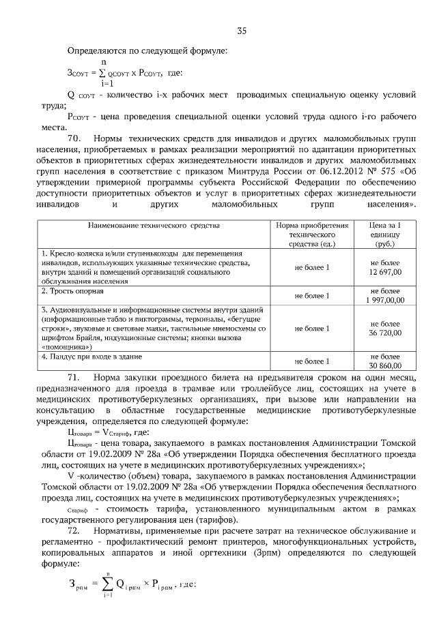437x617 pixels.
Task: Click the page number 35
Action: tap(241, 31)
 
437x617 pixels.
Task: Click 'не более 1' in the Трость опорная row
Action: tap(311, 296)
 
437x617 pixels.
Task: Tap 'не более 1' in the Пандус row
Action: tap(311, 361)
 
